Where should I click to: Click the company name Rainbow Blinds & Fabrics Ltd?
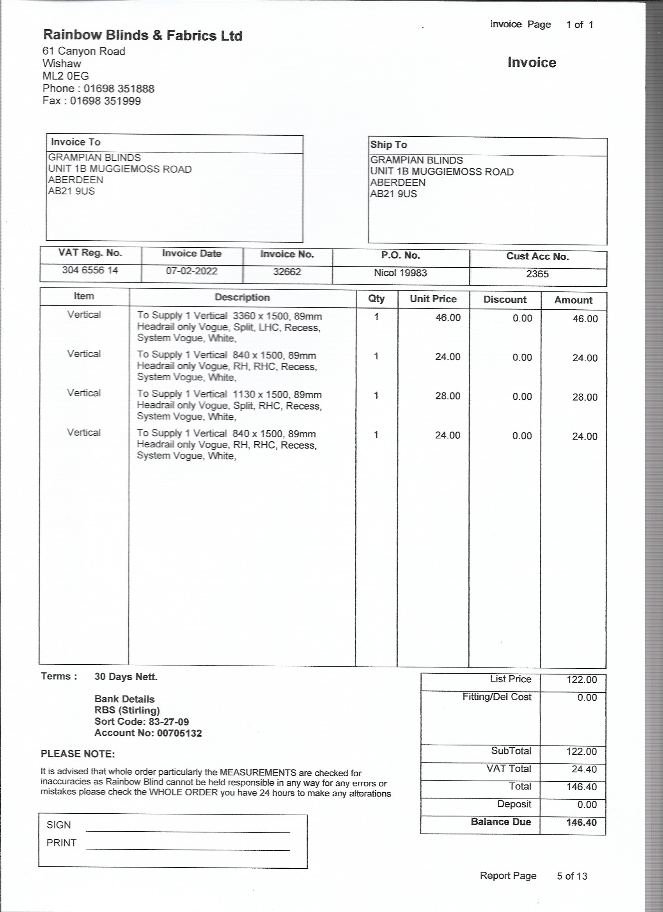(x=143, y=35)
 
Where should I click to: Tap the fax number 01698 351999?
(x=105, y=101)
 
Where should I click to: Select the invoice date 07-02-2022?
(x=191, y=271)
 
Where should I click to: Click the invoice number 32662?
(x=287, y=272)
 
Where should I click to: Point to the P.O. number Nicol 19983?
(x=400, y=273)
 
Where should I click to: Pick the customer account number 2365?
(x=537, y=274)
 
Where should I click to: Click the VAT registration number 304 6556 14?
(x=90, y=270)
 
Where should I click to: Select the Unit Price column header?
(x=433, y=299)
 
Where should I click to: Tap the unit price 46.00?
(x=447, y=318)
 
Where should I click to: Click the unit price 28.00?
(x=447, y=396)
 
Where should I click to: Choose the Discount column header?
(x=505, y=300)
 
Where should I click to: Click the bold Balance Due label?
(x=501, y=822)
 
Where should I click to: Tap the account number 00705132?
(x=179, y=733)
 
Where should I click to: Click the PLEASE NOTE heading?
(x=78, y=754)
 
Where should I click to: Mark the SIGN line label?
(x=59, y=825)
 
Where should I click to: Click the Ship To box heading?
(x=388, y=145)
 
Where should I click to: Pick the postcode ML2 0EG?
(x=66, y=76)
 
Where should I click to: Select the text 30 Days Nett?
(x=126, y=677)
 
